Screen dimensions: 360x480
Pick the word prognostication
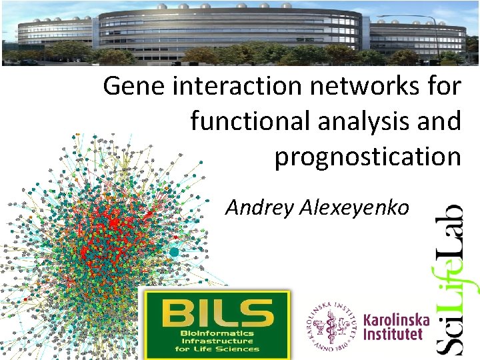point(367,157)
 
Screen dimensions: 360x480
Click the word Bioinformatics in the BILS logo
point(215,333)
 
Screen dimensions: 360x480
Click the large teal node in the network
point(175,253)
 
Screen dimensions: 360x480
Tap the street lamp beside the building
point(437,33)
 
